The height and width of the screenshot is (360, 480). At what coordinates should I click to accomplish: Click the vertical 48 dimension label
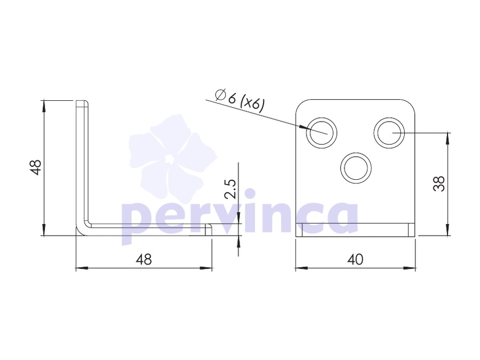pos(36,167)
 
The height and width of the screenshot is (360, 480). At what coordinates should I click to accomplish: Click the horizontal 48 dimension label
pos(144,260)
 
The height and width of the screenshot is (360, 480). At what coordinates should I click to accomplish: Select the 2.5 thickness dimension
pos(230,189)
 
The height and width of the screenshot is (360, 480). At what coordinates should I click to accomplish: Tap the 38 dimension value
pos(439,183)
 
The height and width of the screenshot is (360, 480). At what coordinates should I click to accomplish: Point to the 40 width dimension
pos(355,260)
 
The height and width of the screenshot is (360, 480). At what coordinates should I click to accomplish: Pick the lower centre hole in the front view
pos(356,168)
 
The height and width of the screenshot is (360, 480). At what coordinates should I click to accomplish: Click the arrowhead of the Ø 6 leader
pos(303,127)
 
